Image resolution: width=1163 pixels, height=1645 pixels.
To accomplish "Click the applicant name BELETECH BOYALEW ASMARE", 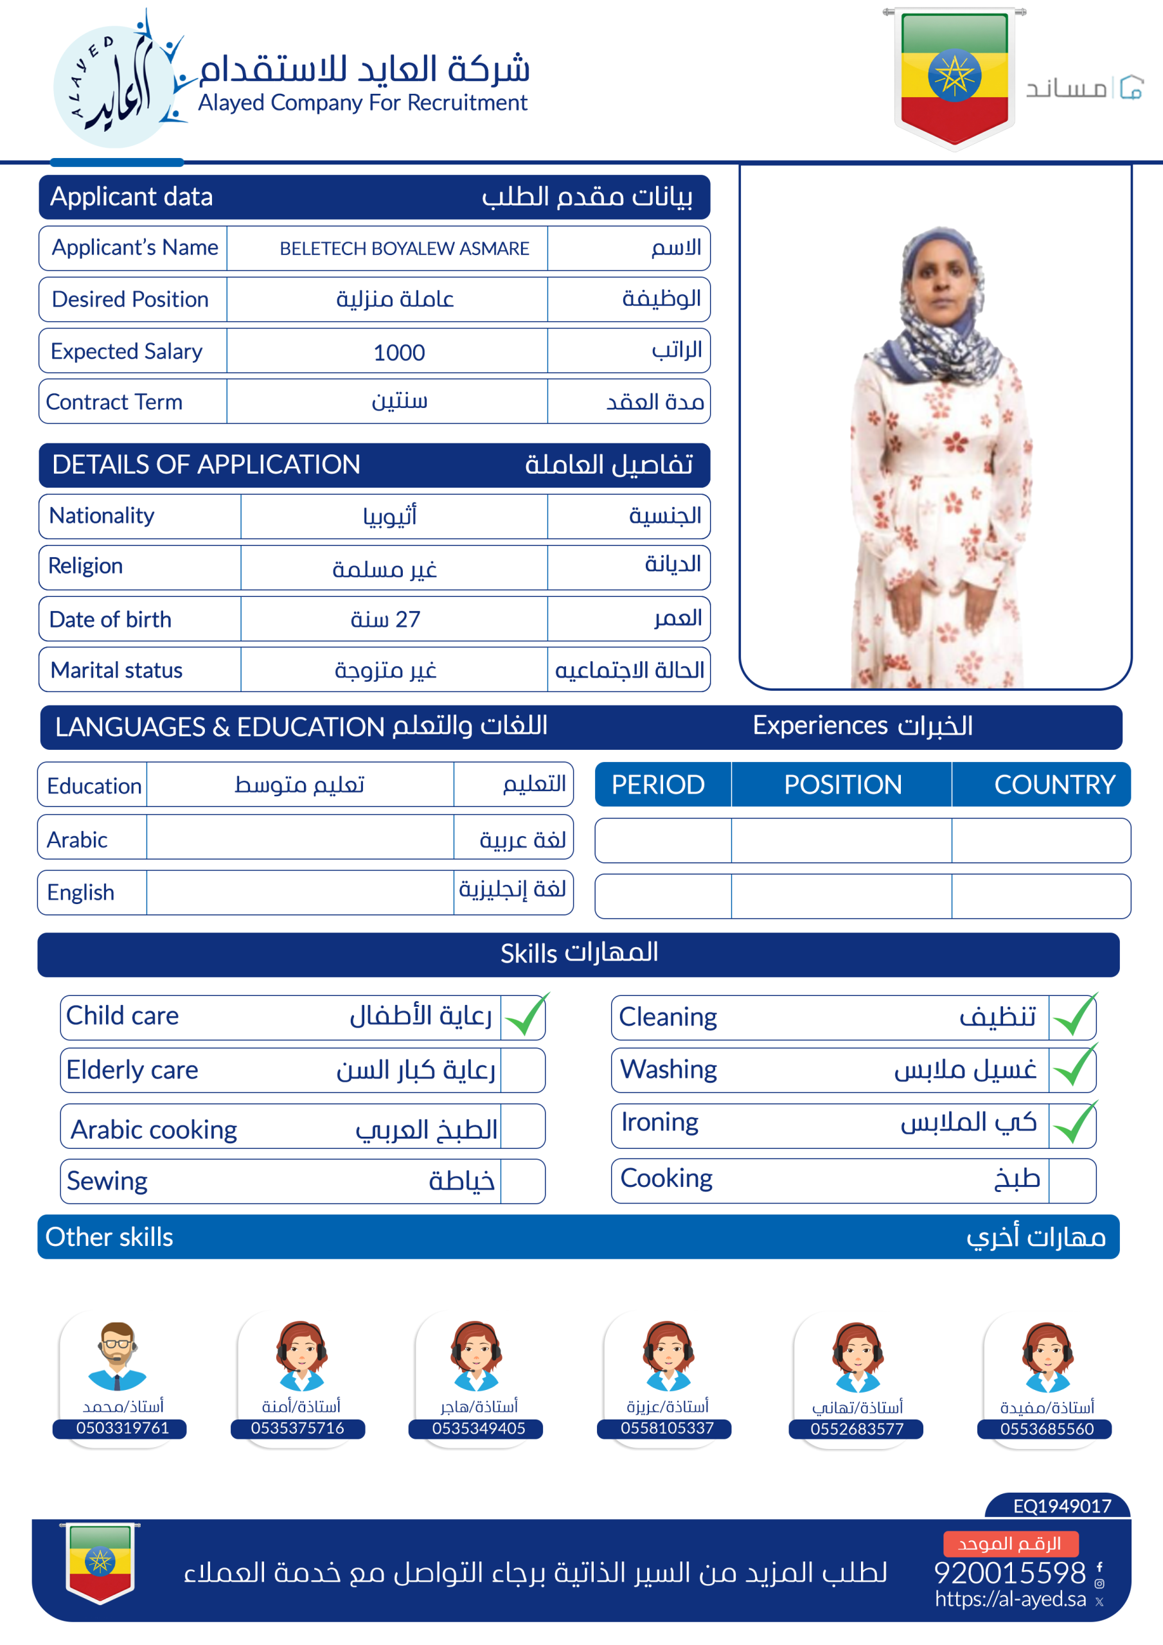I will pyautogui.click(x=404, y=249).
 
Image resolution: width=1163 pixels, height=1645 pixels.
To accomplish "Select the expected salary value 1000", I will pyautogui.click(x=399, y=353).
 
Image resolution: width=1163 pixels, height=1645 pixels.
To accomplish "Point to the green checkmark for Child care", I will pyautogui.click(x=525, y=1016).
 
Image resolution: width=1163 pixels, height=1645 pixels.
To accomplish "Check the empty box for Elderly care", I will pyautogui.click(x=522, y=1071).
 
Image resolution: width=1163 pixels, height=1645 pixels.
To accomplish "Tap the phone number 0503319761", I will pyautogui.click(x=123, y=1428).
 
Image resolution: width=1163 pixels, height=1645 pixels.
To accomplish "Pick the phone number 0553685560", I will pyautogui.click(x=1047, y=1428).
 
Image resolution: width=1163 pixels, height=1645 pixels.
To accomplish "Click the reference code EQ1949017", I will pyautogui.click(x=1061, y=1506).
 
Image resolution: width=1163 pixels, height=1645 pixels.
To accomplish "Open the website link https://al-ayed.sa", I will pyautogui.click(x=1010, y=1599).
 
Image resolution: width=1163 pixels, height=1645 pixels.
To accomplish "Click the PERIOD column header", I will pyautogui.click(x=658, y=785).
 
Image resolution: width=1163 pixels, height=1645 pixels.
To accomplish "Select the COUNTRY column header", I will pyautogui.click(x=1054, y=785).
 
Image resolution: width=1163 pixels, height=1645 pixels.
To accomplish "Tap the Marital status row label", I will pyautogui.click(x=117, y=670).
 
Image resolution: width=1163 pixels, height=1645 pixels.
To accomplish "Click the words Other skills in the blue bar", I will pyautogui.click(x=110, y=1238).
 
